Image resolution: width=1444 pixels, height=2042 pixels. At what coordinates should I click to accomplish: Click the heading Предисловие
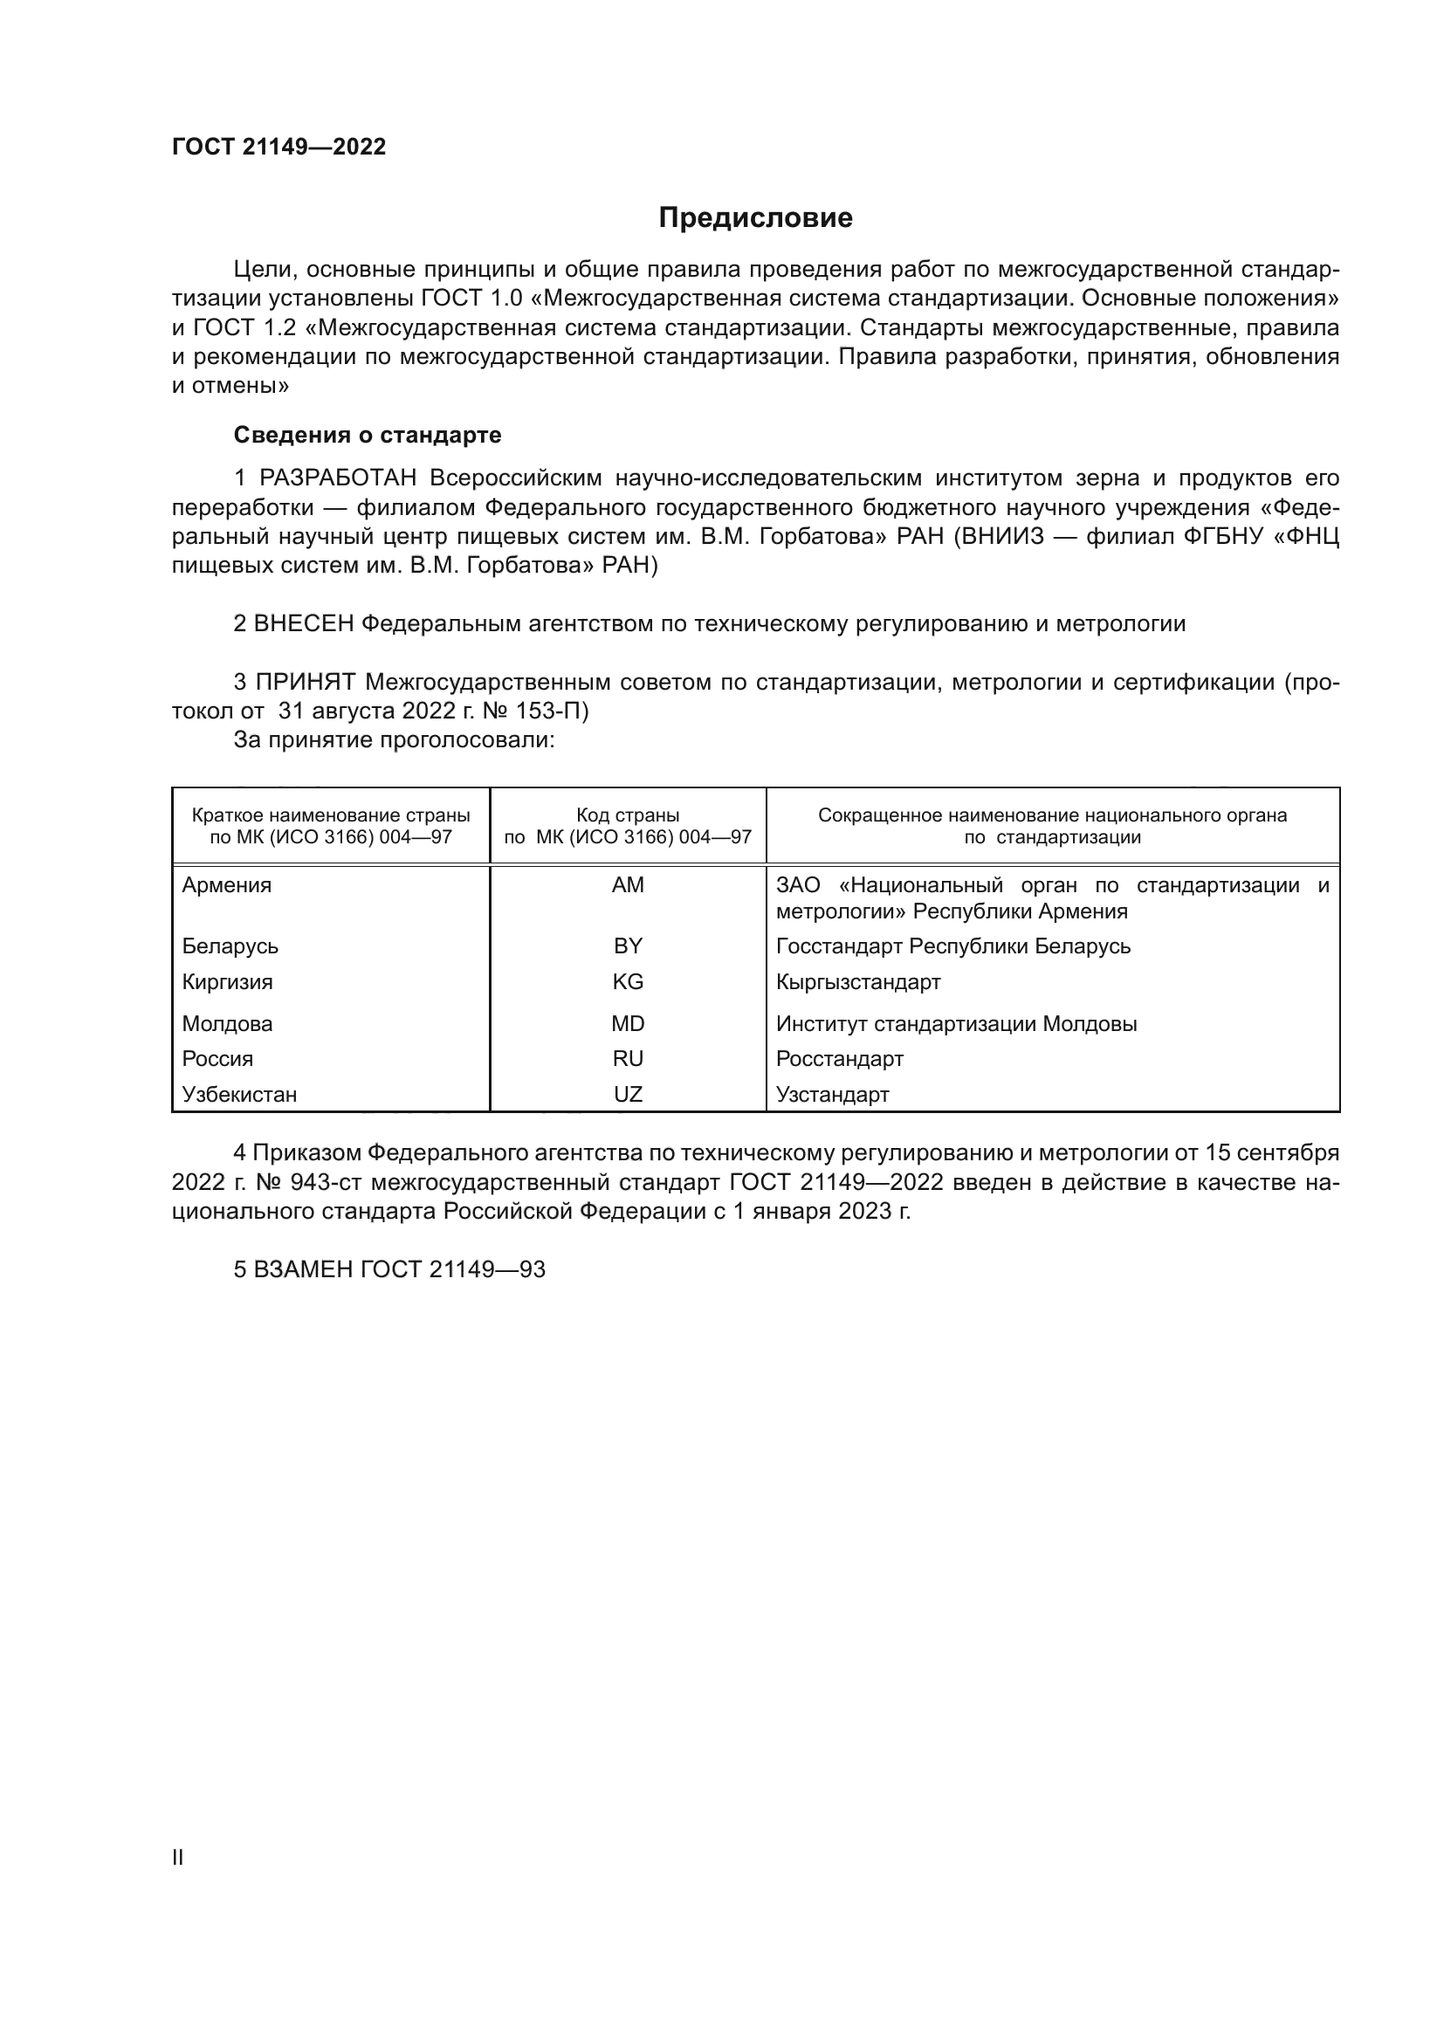[x=755, y=218]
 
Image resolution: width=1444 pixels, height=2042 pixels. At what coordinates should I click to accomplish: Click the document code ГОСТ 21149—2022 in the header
[x=279, y=147]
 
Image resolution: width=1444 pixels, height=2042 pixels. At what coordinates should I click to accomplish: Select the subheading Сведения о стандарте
[x=368, y=435]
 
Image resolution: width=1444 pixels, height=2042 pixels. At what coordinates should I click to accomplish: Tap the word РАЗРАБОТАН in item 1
[x=338, y=478]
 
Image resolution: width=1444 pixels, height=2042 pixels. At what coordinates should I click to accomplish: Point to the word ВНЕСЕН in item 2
[x=303, y=623]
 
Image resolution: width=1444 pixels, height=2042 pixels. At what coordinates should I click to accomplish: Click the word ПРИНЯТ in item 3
[x=305, y=682]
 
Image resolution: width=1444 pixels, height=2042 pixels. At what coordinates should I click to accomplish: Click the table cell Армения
[x=227, y=885]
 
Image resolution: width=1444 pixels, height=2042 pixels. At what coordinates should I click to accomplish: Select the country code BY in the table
[x=628, y=945]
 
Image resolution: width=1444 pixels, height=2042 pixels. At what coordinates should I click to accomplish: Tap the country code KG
[x=628, y=982]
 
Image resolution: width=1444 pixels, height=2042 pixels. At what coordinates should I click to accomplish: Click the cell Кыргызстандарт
[x=858, y=982]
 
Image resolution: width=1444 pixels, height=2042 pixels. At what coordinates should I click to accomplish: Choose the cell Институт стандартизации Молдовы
[x=956, y=1024]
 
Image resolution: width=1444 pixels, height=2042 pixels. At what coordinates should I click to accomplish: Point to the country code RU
[x=628, y=1058]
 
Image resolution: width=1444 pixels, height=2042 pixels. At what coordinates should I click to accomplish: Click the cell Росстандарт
[x=839, y=1058]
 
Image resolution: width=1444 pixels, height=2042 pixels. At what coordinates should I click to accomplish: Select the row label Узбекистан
[x=239, y=1094]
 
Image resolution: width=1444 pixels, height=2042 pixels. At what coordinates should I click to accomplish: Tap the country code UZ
[x=628, y=1094]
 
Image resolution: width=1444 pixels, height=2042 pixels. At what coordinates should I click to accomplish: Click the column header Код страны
[x=628, y=815]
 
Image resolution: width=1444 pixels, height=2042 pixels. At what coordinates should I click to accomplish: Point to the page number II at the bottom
[x=178, y=1857]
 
